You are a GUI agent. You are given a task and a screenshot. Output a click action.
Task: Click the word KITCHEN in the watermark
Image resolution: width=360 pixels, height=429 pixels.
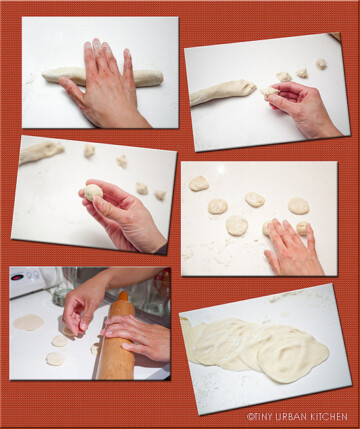(329, 417)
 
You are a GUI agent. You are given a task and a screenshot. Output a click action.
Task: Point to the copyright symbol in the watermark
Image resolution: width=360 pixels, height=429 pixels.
(250, 417)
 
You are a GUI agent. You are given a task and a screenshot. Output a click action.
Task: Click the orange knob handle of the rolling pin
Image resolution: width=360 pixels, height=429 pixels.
(123, 296)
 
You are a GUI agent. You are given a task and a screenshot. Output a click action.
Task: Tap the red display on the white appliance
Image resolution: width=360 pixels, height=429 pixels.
(17, 277)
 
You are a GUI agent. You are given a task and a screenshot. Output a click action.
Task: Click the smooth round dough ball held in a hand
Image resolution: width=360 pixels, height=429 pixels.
(93, 192)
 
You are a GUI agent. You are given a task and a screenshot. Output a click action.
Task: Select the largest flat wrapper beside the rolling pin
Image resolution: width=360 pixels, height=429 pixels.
(29, 322)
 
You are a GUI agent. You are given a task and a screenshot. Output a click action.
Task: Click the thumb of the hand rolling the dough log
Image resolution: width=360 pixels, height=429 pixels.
(72, 88)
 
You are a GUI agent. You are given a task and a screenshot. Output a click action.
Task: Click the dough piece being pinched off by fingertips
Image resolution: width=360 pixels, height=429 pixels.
(269, 92)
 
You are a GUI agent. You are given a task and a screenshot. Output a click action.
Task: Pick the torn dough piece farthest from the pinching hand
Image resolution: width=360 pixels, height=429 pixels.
(321, 64)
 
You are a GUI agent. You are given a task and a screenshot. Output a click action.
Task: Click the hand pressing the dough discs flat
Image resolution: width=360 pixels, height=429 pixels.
(293, 247)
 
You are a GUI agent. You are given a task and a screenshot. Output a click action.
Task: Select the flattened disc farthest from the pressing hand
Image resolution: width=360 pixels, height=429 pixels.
(199, 184)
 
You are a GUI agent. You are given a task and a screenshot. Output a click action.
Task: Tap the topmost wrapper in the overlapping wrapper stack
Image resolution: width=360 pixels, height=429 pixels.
(293, 354)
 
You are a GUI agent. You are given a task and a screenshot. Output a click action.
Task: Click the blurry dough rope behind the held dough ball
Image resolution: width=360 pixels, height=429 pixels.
(41, 152)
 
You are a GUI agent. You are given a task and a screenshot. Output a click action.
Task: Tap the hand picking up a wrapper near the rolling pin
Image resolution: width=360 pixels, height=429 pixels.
(84, 308)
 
